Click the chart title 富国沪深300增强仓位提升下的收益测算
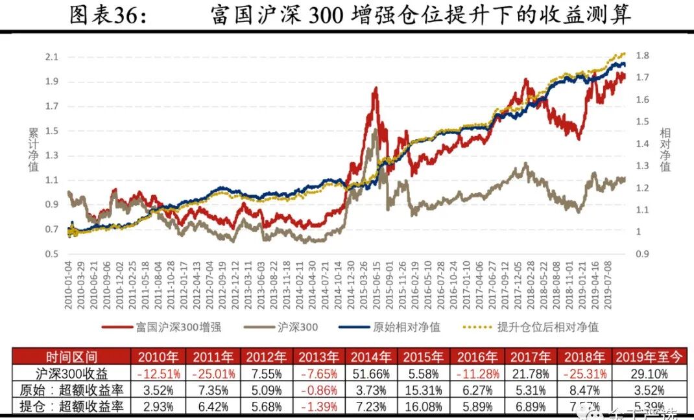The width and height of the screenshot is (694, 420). point(420,14)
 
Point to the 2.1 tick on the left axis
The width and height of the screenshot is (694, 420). point(51,57)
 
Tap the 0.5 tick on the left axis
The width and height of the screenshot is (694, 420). point(51,253)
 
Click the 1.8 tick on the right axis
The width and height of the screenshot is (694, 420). point(643,56)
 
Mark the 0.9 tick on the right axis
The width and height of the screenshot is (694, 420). point(643,253)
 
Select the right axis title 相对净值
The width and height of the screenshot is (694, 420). point(665,149)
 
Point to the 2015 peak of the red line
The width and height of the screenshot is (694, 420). point(375,88)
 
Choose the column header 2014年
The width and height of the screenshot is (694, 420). point(373,357)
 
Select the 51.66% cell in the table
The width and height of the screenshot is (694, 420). point(373,374)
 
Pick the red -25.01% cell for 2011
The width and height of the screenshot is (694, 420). point(213,374)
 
